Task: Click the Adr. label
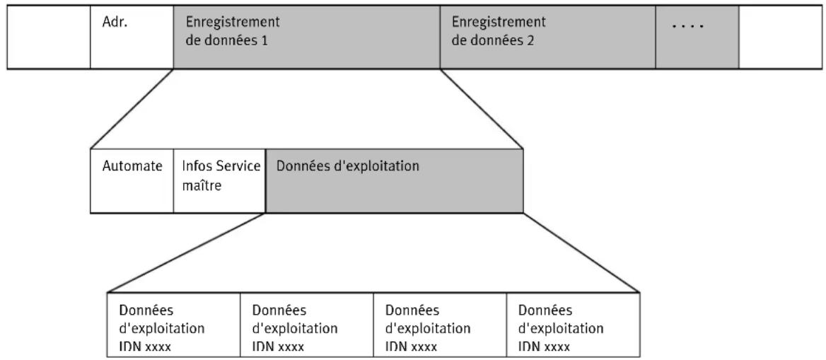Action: pyautogui.click(x=115, y=24)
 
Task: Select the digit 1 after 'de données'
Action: pyautogui.click(x=263, y=40)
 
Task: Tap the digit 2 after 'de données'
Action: pyautogui.click(x=530, y=40)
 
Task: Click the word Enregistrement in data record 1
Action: pyautogui.click(x=232, y=23)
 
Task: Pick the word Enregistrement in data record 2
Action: pyautogui.click(x=499, y=23)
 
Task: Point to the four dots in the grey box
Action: pyautogui.click(x=689, y=26)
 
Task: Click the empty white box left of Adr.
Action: pyautogui.click(x=49, y=37)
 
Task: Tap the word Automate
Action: pyautogui.click(x=132, y=166)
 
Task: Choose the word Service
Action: pyautogui.click(x=236, y=166)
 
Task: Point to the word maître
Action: pyautogui.click(x=202, y=186)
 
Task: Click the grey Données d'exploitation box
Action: pyautogui.click(x=395, y=181)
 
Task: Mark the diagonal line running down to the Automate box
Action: pyautogui.click(x=132, y=109)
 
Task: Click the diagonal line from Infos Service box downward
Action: pyautogui.click(x=187, y=252)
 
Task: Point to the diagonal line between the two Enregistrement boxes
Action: pyautogui.click(x=482, y=109)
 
